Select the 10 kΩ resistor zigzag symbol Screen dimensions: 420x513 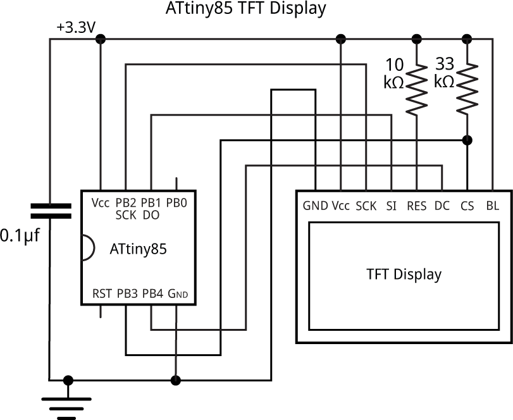pyautogui.click(x=416, y=87)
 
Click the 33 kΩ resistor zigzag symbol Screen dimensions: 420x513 pyautogui.click(x=467, y=87)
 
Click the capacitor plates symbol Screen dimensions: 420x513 pyautogui.click(x=50, y=211)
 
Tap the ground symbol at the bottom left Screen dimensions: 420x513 pyautogui.click(x=67, y=405)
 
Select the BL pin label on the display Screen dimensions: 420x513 pyautogui.click(x=491, y=206)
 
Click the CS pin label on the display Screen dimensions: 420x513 pyautogui.click(x=467, y=206)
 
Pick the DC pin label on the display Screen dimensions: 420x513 pyautogui.click(x=442, y=206)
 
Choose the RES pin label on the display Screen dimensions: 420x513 pyautogui.click(x=416, y=206)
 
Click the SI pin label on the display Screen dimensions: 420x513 pyautogui.click(x=391, y=206)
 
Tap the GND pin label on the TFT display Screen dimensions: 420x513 pyautogui.click(x=315, y=206)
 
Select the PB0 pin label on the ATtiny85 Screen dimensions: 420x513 pyautogui.click(x=176, y=203)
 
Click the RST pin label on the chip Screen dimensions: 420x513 pyautogui.click(x=102, y=293)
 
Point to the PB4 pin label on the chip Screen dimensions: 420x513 pyautogui.click(x=152, y=293)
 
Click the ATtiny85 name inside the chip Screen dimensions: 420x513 pyautogui.click(x=138, y=249)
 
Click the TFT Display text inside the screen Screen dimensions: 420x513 pyautogui.click(x=404, y=275)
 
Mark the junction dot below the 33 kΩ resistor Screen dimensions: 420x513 pyautogui.click(x=467, y=140)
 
